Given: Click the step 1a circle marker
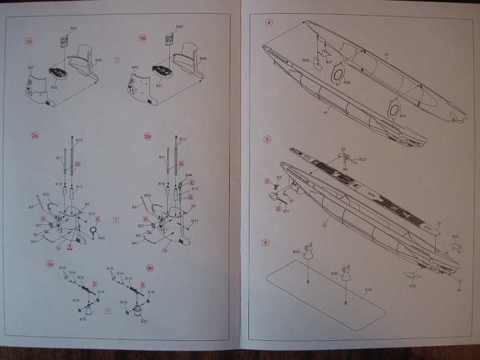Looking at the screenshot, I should (29, 41).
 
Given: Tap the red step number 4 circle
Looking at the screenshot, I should (268, 23).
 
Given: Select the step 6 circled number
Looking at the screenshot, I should (267, 243).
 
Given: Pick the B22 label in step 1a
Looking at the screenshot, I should (54, 88).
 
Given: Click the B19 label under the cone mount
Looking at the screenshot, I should (83, 319).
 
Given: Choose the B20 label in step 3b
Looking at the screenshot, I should (144, 321).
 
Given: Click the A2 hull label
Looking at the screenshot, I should (386, 55).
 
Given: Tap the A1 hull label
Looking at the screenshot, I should (325, 112).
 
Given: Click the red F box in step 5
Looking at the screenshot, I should (267, 181).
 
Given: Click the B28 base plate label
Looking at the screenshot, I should (368, 290).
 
